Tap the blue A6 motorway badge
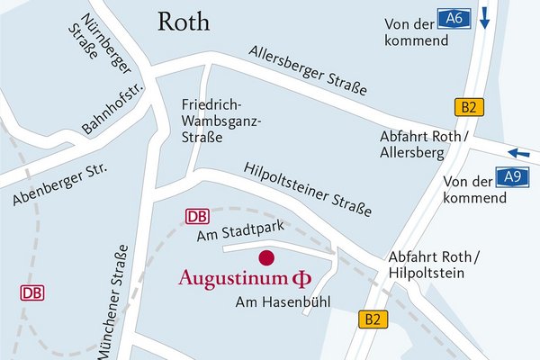pos(454,16)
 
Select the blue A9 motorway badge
pos(513,177)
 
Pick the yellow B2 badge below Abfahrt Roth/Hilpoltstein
pos(373,319)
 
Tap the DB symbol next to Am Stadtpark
pos(198,216)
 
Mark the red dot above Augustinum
pos(265,257)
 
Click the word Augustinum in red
pos(237,276)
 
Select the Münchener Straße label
pos(119,310)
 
